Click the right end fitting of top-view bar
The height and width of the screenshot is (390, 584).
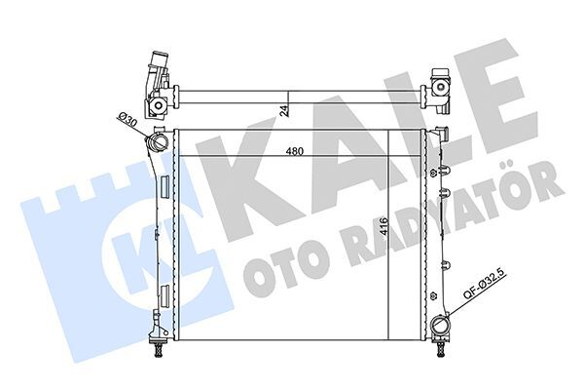(440, 89)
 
